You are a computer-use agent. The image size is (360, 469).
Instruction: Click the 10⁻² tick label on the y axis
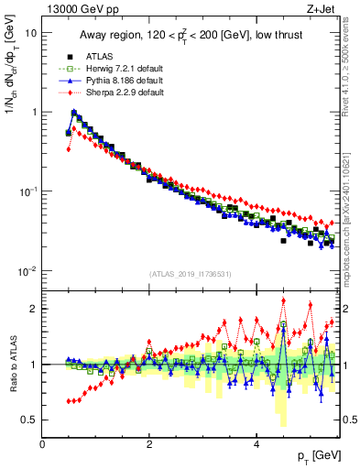27,271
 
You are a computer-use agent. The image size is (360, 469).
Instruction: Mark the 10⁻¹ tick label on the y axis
27,191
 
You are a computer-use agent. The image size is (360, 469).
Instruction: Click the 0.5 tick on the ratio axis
29,420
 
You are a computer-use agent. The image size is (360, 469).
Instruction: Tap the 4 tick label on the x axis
256,444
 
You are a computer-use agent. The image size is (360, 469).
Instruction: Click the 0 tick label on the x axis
43,444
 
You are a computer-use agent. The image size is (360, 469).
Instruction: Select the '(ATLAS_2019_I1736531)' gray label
190,274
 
